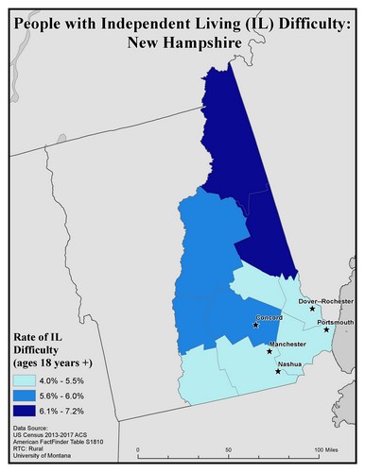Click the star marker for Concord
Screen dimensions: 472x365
(x=255, y=326)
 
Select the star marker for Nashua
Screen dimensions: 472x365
(x=277, y=371)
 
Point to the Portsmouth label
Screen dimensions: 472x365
(x=336, y=323)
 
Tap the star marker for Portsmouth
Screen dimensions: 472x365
(x=326, y=330)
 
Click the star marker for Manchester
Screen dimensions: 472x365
(x=269, y=351)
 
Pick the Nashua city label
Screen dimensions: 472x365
(x=289, y=363)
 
